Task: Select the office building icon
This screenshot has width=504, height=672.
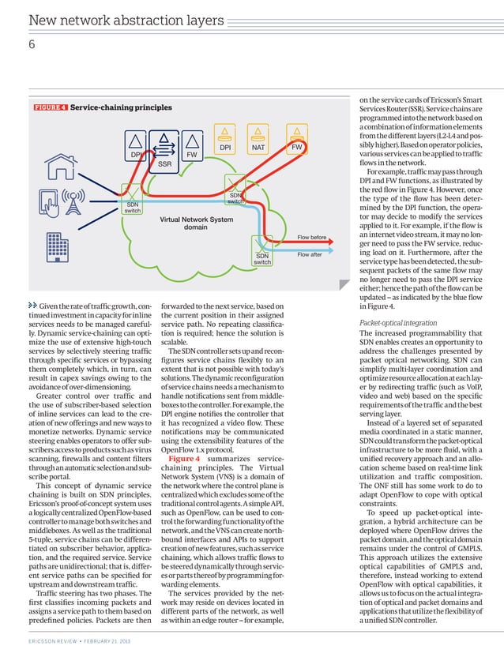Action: pos(58,246)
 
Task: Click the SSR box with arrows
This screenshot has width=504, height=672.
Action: pos(164,150)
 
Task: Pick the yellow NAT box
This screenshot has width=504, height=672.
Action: pos(258,142)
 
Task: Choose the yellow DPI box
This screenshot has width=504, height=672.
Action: pos(225,142)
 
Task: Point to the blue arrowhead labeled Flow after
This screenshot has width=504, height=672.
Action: pos(338,255)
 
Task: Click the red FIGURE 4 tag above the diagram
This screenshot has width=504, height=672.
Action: pos(50,107)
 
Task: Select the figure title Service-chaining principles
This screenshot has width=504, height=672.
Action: pos(121,107)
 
